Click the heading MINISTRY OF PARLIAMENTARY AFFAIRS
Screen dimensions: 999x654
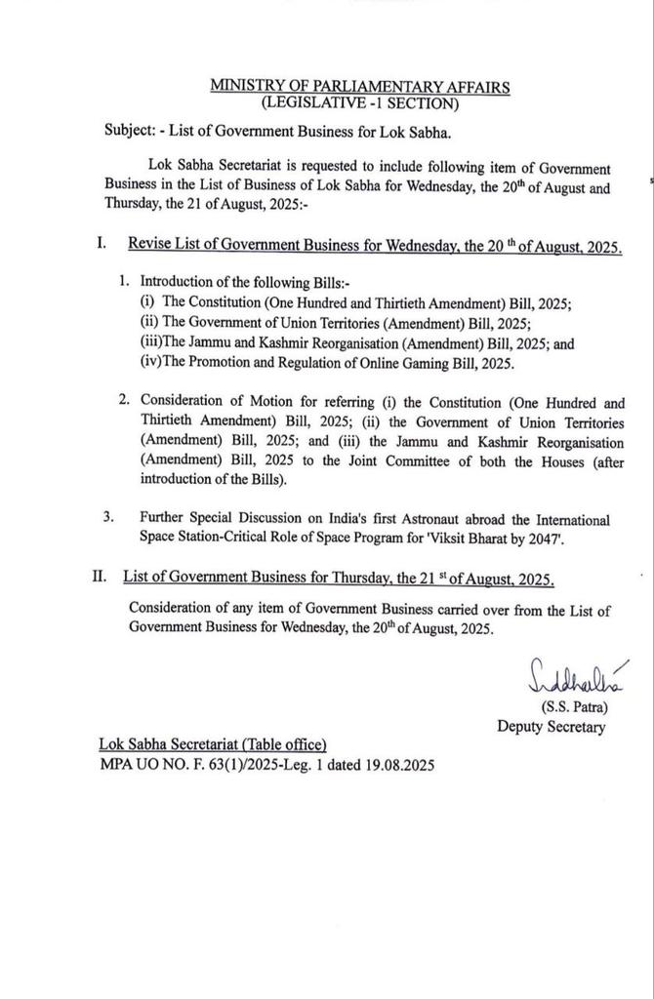[359, 87]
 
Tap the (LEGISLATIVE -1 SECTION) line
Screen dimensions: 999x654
[359, 102]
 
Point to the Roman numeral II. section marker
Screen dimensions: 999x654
[99, 578]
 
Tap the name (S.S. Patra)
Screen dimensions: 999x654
[567, 706]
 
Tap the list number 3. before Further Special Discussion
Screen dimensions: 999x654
[109, 519]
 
